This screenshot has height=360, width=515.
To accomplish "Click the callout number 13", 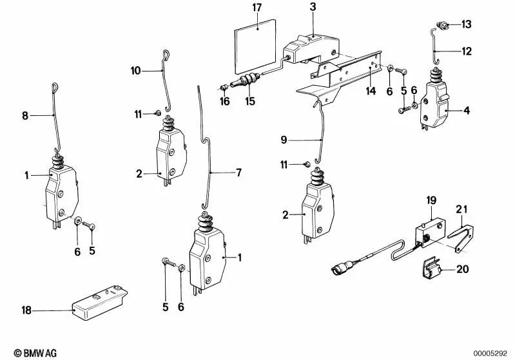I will click(465, 25).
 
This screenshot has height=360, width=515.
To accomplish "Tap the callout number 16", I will click(224, 101).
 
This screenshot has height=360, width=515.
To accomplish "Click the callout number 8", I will click(25, 117).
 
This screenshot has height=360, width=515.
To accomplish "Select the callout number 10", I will click(136, 70).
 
